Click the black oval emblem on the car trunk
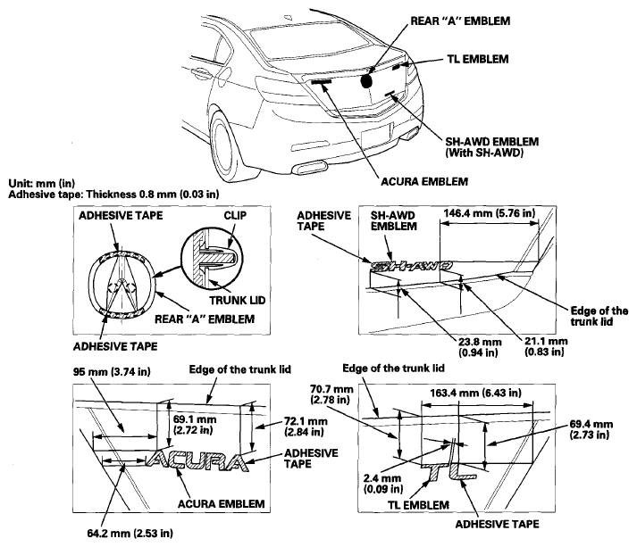(x=366, y=81)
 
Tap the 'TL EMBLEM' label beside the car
(x=478, y=59)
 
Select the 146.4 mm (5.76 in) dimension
(x=489, y=213)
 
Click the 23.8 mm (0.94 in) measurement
(x=480, y=347)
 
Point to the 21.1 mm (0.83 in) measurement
(x=546, y=346)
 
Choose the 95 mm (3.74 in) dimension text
(x=112, y=372)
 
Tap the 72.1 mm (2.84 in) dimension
(x=306, y=427)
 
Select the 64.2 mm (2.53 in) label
(x=130, y=533)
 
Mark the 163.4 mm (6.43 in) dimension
(x=475, y=393)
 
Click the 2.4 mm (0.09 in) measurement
(x=383, y=484)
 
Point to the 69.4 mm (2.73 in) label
(x=591, y=430)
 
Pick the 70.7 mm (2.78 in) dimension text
(x=331, y=394)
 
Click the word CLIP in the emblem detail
(x=235, y=215)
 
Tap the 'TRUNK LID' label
(x=238, y=301)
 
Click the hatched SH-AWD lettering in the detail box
(x=411, y=266)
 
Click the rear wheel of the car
(x=224, y=147)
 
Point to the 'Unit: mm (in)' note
(x=42, y=184)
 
